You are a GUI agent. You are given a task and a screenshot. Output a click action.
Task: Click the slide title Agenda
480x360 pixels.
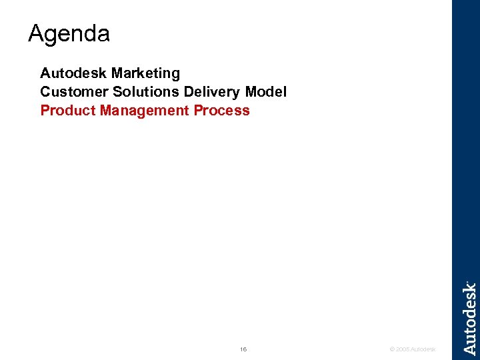pyautogui.click(x=69, y=33)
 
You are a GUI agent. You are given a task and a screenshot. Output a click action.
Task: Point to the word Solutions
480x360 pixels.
pyautogui.click(x=136, y=91)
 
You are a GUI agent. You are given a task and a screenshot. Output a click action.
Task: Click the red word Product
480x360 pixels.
pyautogui.click(x=68, y=111)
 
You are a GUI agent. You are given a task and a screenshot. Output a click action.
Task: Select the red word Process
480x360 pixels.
pyautogui.click(x=222, y=111)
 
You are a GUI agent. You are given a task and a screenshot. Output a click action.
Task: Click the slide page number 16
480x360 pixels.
pyautogui.click(x=243, y=349)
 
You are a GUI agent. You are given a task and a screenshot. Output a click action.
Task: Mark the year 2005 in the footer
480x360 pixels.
pyautogui.click(x=402, y=349)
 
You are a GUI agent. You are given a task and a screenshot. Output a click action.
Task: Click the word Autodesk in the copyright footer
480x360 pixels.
pyautogui.click(x=423, y=349)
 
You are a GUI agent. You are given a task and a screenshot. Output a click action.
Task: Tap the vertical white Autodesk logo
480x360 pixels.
pyautogui.click(x=469, y=318)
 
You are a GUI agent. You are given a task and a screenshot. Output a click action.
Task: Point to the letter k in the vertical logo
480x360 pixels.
pyautogui.click(x=469, y=289)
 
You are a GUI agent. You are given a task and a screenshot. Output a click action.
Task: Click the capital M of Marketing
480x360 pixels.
pyautogui.click(x=117, y=73)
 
